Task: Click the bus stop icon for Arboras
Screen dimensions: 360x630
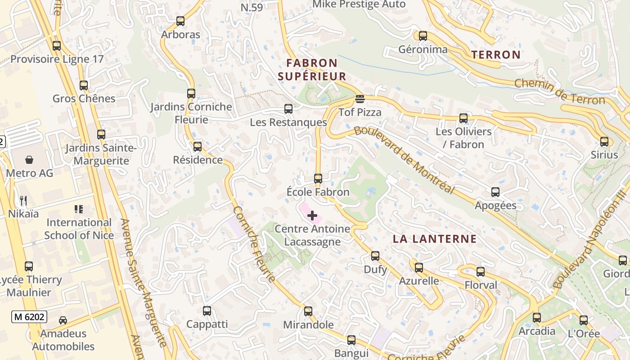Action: coord(180,21)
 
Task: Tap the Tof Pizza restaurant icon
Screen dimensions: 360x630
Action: coord(360,99)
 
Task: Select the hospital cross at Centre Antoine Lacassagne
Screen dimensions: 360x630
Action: coord(312,216)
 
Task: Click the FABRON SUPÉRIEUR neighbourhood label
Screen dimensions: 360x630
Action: coord(312,70)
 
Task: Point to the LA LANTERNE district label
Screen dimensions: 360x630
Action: coord(435,239)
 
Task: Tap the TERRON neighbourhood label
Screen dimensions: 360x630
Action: coord(496,55)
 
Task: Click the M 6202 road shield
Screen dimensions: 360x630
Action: coord(29,317)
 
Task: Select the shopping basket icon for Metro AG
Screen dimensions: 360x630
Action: coord(29,160)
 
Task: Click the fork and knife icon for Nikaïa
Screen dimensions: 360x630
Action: coord(23,200)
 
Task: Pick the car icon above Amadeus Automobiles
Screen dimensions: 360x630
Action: coord(63,320)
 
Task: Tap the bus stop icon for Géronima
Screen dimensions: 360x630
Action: coord(423,36)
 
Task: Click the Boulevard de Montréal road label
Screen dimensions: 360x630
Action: coord(404,160)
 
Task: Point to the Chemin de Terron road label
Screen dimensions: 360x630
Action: coord(559,91)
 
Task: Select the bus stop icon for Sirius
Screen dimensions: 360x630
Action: coord(604,142)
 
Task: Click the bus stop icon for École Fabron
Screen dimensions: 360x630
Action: coord(318,179)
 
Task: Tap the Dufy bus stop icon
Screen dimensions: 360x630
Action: coord(375,256)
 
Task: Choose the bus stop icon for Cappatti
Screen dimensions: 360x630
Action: coord(207,310)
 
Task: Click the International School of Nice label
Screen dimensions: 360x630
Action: coord(79,229)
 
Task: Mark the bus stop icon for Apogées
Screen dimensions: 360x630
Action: coord(495,192)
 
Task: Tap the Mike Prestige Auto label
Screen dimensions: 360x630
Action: coord(359,4)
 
